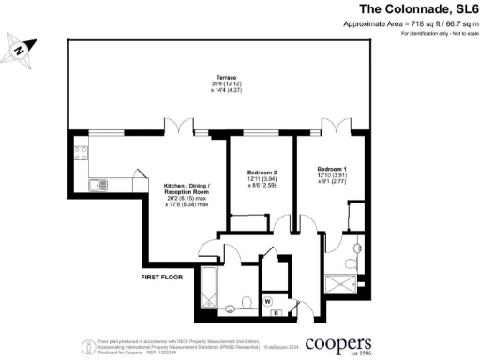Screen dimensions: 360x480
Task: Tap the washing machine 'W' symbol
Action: click(x=268, y=301)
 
